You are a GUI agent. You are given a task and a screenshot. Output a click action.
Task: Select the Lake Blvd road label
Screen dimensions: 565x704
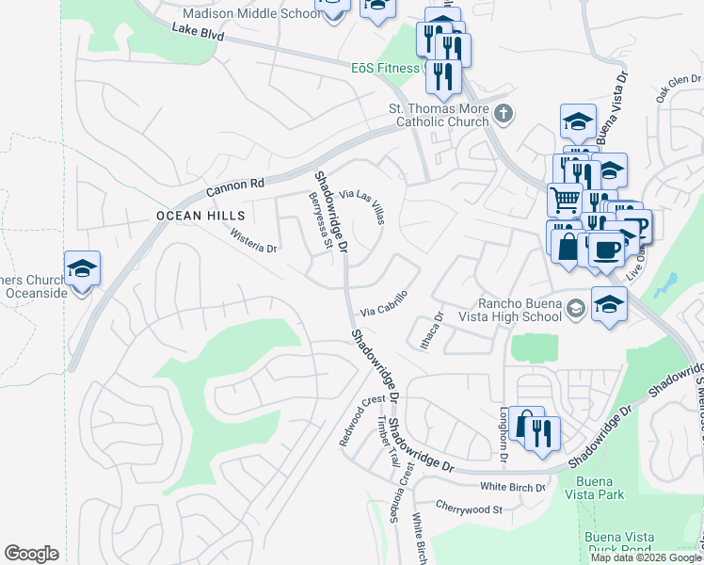[199, 31]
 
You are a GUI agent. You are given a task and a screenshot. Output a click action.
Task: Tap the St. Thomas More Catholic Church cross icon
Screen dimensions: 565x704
[504, 115]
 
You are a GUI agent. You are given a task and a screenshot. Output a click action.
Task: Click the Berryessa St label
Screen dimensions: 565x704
[322, 220]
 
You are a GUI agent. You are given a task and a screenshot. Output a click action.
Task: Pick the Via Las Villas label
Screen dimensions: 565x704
[363, 204]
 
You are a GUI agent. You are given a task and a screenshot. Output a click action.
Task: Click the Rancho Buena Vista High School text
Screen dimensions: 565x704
[520, 310]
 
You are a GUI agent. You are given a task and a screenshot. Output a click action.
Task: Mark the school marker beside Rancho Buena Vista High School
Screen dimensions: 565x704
[609, 305]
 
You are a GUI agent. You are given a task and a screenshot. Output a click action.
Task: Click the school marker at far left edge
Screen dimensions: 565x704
[82, 268]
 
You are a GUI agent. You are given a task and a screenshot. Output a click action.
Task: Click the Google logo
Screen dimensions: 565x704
[32, 554]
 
